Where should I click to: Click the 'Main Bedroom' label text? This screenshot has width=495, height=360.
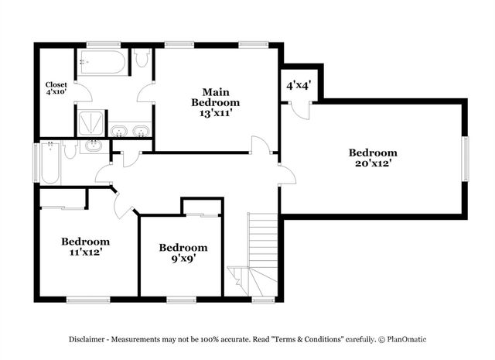click(x=216, y=96)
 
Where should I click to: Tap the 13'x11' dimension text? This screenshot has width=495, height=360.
click(x=216, y=112)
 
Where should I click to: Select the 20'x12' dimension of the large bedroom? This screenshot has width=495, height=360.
click(x=372, y=164)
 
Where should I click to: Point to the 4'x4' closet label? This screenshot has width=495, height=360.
click(x=298, y=85)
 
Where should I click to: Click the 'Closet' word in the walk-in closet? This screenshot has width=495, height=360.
click(x=56, y=84)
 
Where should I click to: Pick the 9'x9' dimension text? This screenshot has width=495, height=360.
click(x=183, y=259)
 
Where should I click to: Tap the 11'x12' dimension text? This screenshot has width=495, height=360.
click(x=85, y=252)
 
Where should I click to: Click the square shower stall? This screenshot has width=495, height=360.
click(x=90, y=124)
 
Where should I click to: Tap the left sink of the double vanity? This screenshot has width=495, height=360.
click(x=121, y=131)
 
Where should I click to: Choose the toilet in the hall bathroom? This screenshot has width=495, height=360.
click(x=70, y=149)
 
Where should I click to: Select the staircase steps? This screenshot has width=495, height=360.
click(x=261, y=240)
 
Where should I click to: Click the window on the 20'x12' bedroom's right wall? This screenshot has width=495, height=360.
click(x=466, y=159)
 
